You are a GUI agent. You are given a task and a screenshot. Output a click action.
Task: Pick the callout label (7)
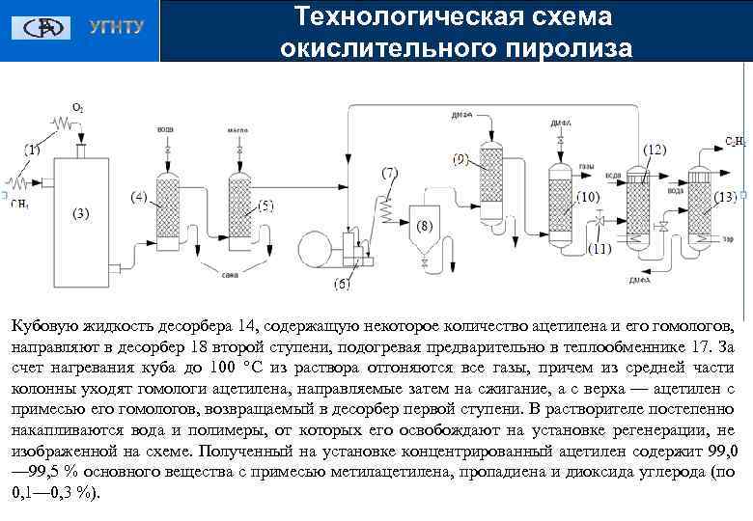click(389, 173)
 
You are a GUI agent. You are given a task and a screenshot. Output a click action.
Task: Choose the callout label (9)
click(460, 158)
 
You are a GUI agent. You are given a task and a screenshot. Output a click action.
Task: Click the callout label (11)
click(600, 248)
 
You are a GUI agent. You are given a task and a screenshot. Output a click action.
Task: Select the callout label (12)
click(655, 151)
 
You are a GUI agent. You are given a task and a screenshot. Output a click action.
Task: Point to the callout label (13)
click(725, 197)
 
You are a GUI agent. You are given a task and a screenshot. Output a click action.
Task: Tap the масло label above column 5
click(237, 128)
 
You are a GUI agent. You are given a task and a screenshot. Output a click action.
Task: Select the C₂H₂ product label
click(735, 142)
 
